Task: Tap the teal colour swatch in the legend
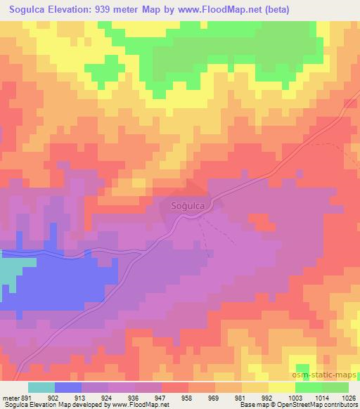coord(41,387)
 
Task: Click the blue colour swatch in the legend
coord(68,387)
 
